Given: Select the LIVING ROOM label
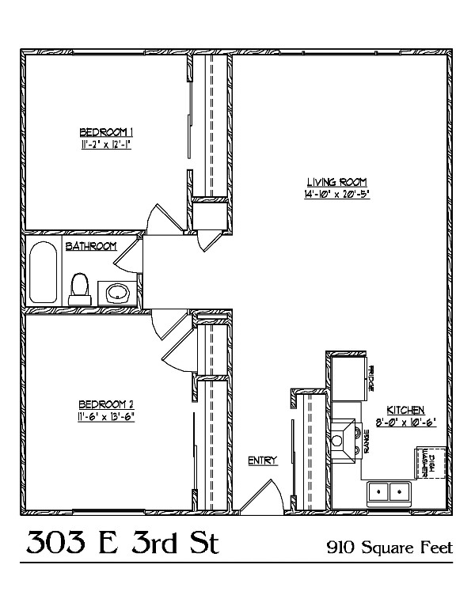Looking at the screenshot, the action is pyautogui.click(x=336, y=182).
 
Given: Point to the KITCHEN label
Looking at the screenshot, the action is pyautogui.click(x=405, y=410).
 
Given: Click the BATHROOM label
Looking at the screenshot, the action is pyautogui.click(x=91, y=246).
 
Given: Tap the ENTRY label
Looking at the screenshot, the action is pyautogui.click(x=263, y=460).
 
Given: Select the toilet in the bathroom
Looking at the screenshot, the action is pyautogui.click(x=79, y=290).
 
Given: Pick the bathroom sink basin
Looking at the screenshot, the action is pyautogui.click(x=118, y=293).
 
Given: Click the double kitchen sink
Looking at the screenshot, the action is pyautogui.click(x=389, y=491).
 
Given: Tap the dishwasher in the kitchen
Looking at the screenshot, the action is pyautogui.click(x=431, y=462).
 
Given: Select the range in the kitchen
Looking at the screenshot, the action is pyautogui.click(x=346, y=441).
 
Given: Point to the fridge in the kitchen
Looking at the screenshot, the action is pyautogui.click(x=349, y=378).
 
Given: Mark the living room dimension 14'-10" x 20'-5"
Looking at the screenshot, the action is pyautogui.click(x=337, y=194).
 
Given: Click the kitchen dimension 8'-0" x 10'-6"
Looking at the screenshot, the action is pyautogui.click(x=405, y=423).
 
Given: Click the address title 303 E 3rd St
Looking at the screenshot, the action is pyautogui.click(x=122, y=543).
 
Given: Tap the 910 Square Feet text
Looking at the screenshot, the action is pyautogui.click(x=389, y=547).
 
